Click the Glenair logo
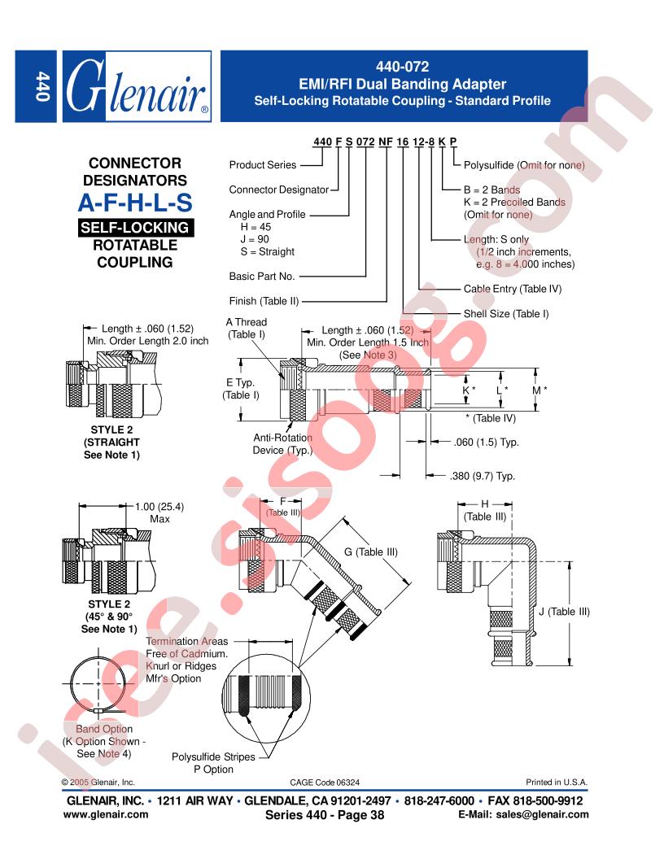coord(137,86)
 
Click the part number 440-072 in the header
coord(402,67)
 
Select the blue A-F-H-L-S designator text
coord(135,203)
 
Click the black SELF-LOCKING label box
coord(135,227)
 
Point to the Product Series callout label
coord(262,165)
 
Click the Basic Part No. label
coord(262,277)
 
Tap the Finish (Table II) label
coord(264,301)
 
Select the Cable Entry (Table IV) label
coord(513,289)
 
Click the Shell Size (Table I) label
coord(505,314)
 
